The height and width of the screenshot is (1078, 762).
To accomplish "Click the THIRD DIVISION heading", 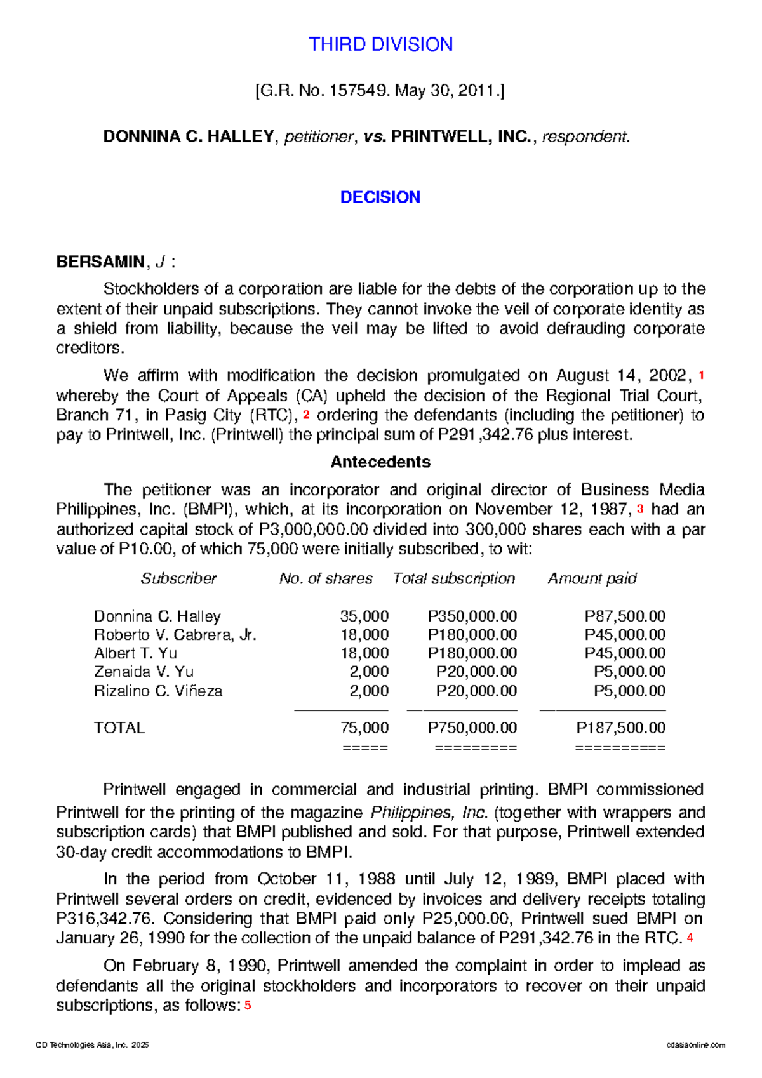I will (380, 44).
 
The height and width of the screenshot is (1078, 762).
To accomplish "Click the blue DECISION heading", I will (380, 197).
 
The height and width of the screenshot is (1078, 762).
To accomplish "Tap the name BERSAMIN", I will (100, 262).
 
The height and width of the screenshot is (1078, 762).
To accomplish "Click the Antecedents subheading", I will (380, 462).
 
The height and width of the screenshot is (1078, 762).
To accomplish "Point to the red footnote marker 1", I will (701, 375).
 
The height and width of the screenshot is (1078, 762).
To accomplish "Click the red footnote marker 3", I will (640, 509).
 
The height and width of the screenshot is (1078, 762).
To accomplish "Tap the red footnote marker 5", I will (248, 1005).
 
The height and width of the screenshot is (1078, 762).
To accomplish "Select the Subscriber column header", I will (178, 578).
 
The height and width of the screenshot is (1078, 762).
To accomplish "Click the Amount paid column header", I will (592, 578).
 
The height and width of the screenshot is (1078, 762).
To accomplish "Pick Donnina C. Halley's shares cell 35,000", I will (364, 616).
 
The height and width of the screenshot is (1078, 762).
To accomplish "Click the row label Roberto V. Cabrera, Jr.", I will (175, 635).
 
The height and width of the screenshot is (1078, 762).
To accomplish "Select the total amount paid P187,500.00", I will (620, 728).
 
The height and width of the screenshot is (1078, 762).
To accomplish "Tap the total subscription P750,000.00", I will (472, 728).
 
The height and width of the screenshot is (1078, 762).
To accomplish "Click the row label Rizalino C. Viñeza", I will (157, 691).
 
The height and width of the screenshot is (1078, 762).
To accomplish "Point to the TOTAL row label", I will (119, 728).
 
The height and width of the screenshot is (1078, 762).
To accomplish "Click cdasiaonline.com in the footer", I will (695, 1045).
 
